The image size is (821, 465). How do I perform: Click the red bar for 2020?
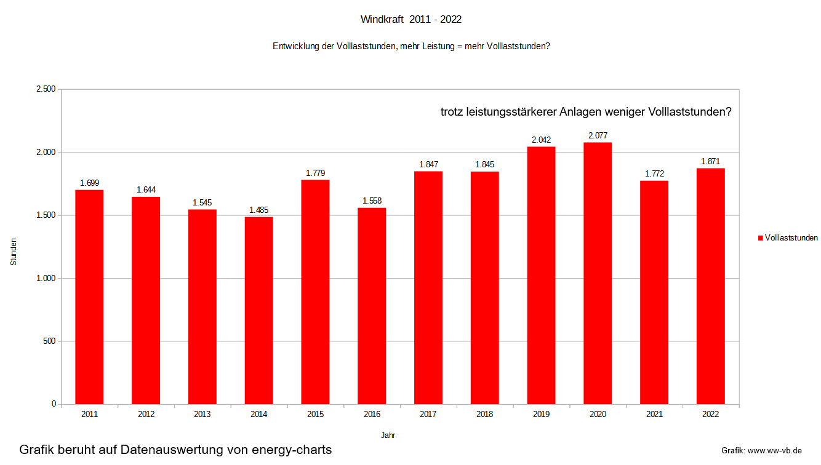[598, 273]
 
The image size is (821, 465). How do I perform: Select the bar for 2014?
[258, 311]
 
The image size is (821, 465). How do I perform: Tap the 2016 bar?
[372, 306]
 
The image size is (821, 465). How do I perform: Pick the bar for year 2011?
[89, 297]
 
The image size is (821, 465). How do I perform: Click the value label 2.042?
[541, 140]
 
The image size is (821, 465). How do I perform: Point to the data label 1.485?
[258, 210]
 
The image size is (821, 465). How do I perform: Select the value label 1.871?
[710, 162]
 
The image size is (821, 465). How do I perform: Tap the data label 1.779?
[315, 173]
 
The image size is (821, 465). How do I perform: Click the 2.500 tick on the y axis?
[46, 89]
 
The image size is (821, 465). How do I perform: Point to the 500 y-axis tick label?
[49, 341]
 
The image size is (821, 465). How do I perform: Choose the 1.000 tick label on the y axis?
[46, 278]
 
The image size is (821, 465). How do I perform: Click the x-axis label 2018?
[484, 415]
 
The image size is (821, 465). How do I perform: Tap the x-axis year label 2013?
[202, 415]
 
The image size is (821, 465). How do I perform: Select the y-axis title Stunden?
[14, 252]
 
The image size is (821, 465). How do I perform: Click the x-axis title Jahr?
[388, 435]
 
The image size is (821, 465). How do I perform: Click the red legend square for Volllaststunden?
[761, 238]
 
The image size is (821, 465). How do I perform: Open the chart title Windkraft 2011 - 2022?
[410, 20]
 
